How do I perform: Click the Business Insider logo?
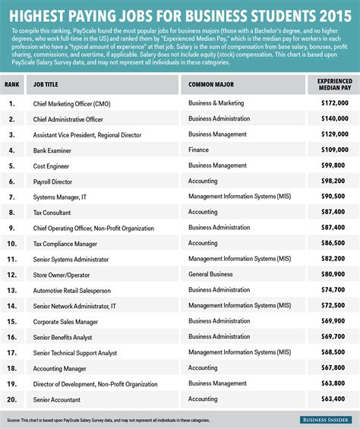tap(322, 419)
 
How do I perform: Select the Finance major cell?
tap(199, 150)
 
